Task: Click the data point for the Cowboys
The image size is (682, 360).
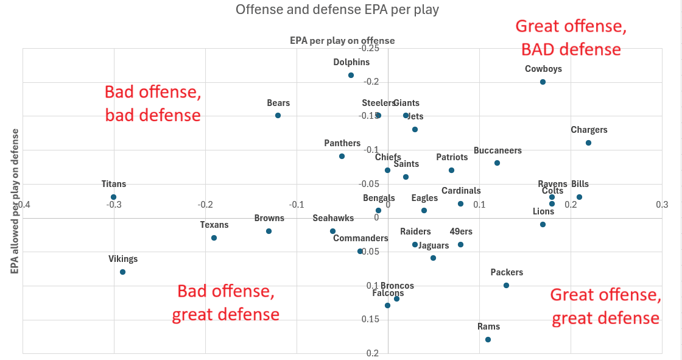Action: [543, 82]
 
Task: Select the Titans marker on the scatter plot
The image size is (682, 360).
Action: [114, 197]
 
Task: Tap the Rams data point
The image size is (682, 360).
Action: [488, 339]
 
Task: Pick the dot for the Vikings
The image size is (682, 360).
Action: [123, 272]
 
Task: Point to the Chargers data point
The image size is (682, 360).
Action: [588, 143]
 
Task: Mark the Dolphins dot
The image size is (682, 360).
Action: [351, 75]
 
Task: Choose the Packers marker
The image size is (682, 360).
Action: [506, 285]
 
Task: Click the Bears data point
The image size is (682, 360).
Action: [278, 115]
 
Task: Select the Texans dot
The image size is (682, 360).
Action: [214, 238]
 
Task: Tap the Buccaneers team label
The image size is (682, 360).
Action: [497, 150]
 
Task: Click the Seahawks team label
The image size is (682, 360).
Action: [333, 218]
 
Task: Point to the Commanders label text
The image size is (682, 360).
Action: [360, 238]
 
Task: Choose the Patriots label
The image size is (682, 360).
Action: [452, 157]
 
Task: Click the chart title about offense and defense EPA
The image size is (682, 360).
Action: [337, 10]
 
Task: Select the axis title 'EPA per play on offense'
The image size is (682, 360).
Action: [342, 41]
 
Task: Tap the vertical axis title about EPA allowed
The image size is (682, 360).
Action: [16, 201]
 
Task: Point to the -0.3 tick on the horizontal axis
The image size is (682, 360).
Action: [114, 205]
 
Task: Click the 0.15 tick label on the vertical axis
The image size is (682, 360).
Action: [371, 319]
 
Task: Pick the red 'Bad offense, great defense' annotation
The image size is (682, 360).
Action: [226, 303]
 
